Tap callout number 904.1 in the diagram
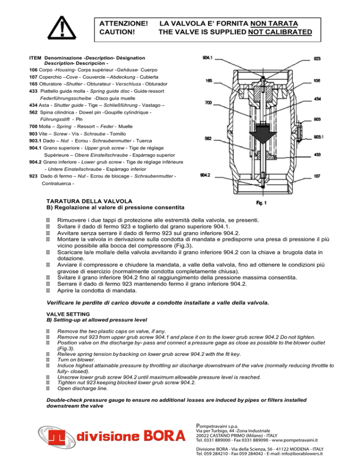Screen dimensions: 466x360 207,59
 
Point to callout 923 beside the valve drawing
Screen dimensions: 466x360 317,59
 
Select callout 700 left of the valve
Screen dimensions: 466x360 209,102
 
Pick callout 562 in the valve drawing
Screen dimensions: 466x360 209,139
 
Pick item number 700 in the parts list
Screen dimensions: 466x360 33,127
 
